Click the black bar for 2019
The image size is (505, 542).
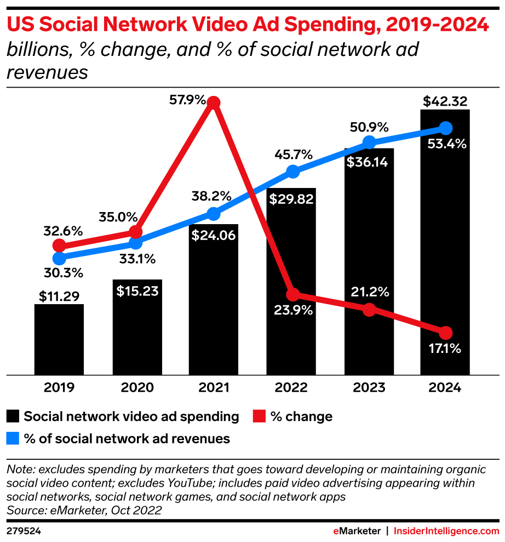(59, 339)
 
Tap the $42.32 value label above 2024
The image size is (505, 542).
(445, 101)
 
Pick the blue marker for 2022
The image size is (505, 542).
(293, 172)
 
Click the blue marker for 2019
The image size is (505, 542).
(59, 258)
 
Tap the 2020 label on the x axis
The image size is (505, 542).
(136, 388)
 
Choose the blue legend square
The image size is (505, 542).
(13, 438)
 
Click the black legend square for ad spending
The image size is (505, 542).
(13, 417)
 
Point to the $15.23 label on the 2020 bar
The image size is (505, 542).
(137, 291)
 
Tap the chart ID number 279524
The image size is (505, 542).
(24, 531)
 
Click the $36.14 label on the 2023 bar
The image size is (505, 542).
(369, 163)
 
